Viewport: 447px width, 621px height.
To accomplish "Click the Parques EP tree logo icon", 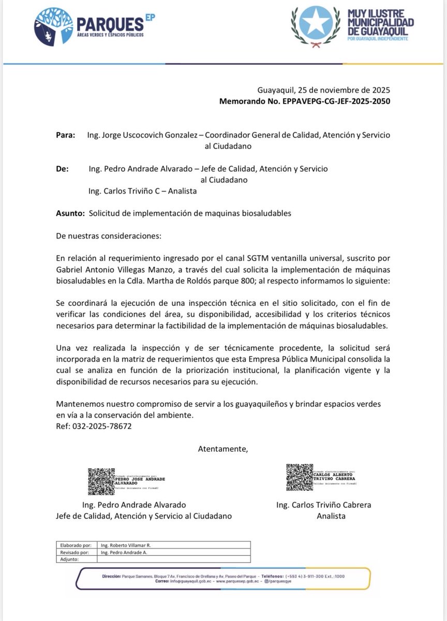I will [53, 26].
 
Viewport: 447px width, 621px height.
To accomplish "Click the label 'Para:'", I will [65, 135].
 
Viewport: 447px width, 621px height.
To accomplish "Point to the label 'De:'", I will [62, 169].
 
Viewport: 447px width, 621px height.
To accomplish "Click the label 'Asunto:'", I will [70, 213].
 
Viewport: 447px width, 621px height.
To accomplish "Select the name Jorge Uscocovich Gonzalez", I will [143, 135].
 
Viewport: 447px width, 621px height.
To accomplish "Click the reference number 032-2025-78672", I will [101, 426].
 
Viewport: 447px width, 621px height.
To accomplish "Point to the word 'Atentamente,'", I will [223, 449].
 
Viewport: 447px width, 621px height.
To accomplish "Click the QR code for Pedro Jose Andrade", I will [101, 481].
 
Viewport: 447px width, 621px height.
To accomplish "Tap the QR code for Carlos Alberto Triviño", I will [299, 477].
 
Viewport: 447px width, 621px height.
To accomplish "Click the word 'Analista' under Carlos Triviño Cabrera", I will [331, 515].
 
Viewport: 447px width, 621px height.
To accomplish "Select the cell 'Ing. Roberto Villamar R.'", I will [126, 545].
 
